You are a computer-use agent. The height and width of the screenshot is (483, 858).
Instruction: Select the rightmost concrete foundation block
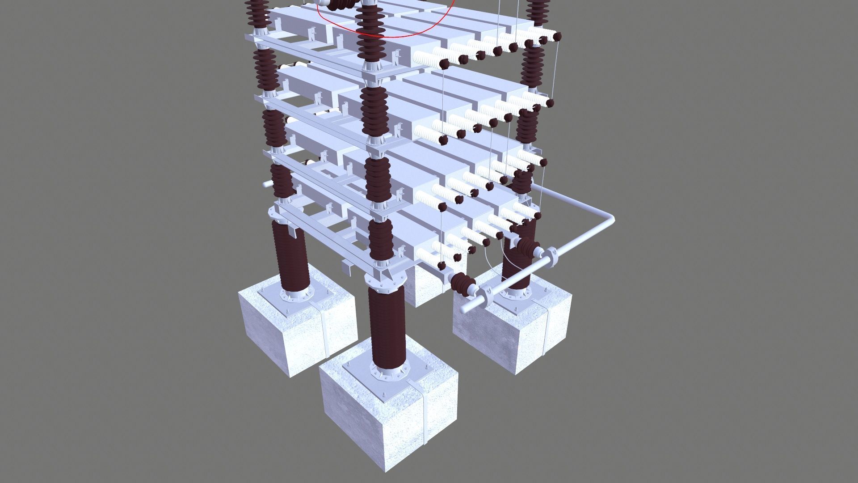pos(514,331)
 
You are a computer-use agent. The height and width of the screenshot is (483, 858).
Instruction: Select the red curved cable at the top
pos(393,33)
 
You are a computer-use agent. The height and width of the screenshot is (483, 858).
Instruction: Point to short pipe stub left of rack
pos(267,184)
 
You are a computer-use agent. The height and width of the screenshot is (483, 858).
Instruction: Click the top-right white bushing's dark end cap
pos(557,37)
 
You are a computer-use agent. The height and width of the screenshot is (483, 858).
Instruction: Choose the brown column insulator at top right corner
pos(538,11)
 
